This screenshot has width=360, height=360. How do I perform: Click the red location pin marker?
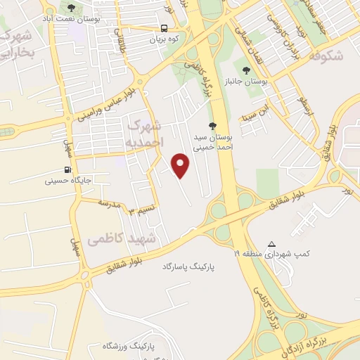181,165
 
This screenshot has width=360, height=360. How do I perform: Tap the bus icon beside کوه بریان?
163,29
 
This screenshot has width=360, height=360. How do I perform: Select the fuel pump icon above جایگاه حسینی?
67,169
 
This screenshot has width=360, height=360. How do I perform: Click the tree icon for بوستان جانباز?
245,70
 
